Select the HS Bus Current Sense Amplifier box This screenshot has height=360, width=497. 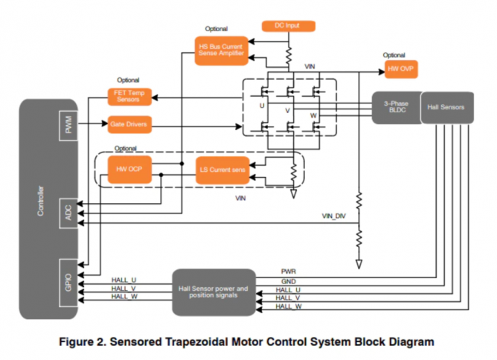[x=221, y=50]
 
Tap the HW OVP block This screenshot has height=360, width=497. [x=400, y=70]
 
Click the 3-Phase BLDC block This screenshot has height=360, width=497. [x=395, y=108]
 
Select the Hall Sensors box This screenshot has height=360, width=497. [x=446, y=108]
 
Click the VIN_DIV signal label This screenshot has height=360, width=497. [x=335, y=216]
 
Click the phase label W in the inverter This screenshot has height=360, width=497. [x=313, y=115]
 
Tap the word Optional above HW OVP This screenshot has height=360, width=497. [x=394, y=55]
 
